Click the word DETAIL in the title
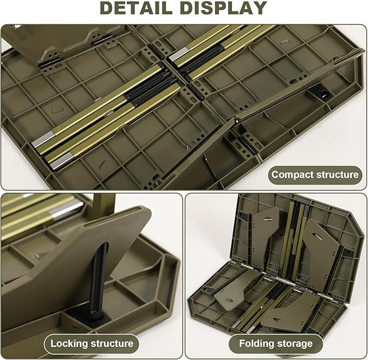141,8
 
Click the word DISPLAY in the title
224,8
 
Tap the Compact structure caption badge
315,175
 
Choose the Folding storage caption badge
276,343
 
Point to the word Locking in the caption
69,343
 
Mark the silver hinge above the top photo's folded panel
99,40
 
